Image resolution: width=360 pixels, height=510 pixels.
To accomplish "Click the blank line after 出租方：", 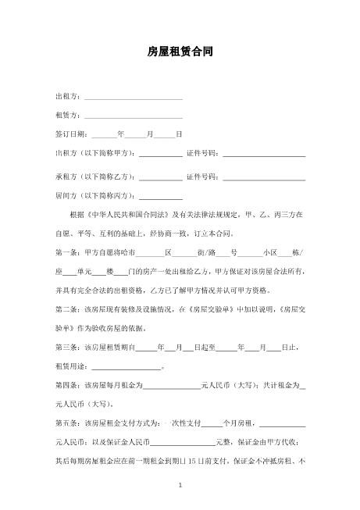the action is pos(133,98).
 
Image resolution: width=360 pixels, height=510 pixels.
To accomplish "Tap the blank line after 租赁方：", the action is pos(133,116).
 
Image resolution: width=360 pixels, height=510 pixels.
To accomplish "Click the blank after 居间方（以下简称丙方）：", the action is pos(161,197).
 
